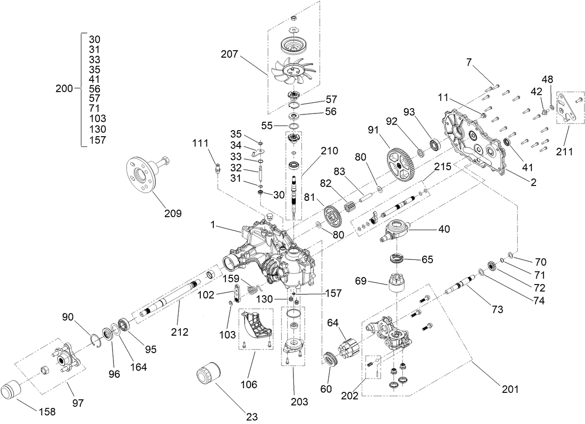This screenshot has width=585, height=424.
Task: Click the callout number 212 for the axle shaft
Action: point(179,332)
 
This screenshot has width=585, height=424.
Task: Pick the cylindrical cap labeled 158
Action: point(13,390)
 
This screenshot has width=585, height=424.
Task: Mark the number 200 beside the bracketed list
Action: point(64,88)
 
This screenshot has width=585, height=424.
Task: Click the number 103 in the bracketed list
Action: point(97,119)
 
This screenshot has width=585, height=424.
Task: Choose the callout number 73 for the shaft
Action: point(498,309)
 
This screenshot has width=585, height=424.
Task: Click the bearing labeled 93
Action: point(436,144)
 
